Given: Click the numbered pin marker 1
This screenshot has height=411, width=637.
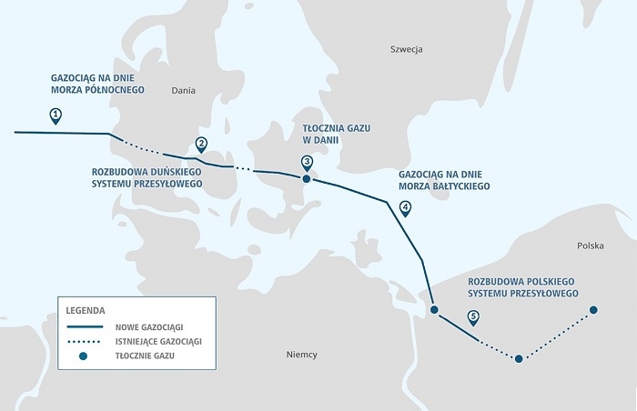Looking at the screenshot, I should click(56, 115).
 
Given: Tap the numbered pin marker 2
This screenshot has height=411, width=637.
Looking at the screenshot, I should click(201, 143).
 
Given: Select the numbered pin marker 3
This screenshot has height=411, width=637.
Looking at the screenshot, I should click(307, 161).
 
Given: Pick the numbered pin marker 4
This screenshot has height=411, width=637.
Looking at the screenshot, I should click(405, 207).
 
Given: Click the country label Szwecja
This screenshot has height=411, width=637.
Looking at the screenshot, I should click(407, 48).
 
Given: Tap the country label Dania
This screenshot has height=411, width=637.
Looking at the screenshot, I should click(184, 90).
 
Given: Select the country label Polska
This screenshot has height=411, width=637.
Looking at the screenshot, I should click(591, 246).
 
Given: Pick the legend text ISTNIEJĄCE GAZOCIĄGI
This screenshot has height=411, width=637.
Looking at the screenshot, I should click(158, 341).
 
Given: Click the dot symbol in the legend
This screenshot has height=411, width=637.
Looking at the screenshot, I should click(84, 356).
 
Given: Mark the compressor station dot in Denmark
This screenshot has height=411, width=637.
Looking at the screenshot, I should click(307, 179).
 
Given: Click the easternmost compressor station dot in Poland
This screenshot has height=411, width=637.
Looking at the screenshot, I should click(594, 310).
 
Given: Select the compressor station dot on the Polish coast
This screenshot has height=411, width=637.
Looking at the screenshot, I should click(434, 311).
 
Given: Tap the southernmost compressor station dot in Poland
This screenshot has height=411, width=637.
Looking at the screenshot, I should click(519, 359).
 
